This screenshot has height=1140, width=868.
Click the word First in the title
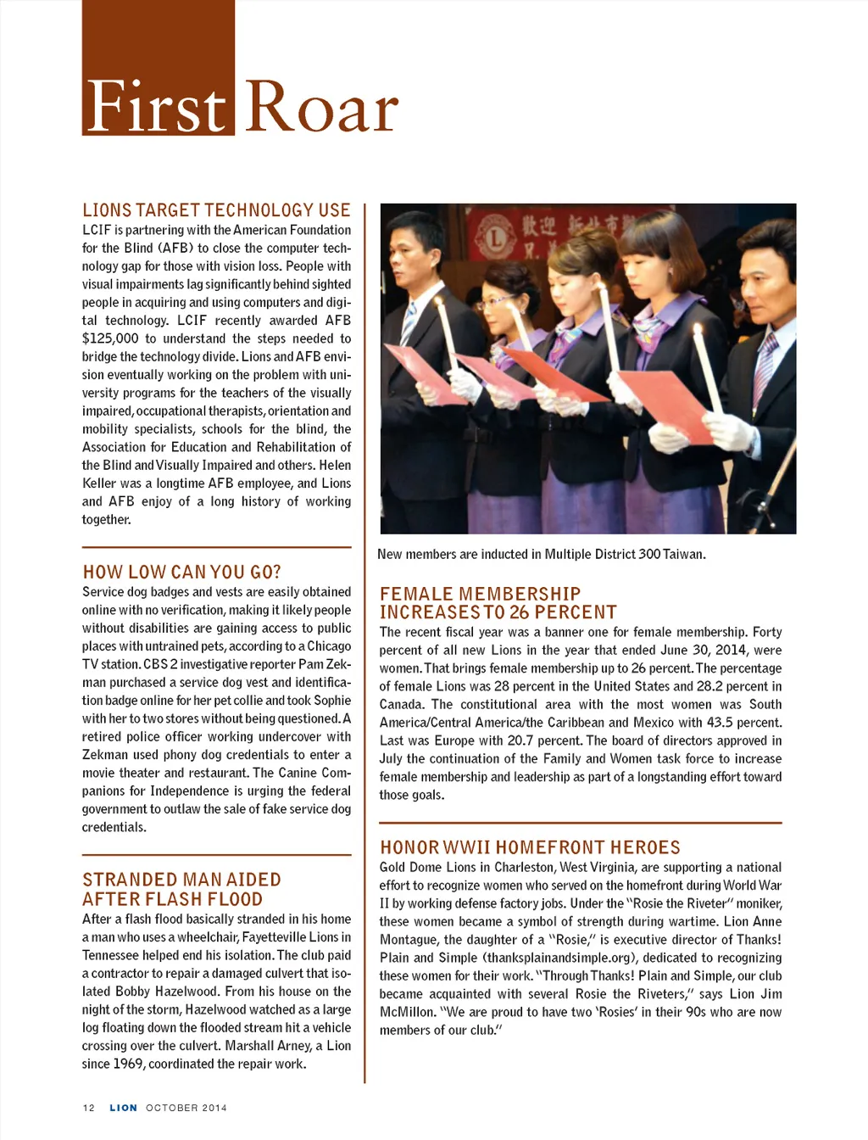tap(156, 108)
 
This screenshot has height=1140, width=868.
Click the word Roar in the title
tap(322, 108)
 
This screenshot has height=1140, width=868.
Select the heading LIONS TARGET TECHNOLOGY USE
tap(216, 210)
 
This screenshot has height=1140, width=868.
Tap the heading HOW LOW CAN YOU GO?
tap(181, 573)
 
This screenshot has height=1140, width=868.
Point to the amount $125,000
tap(110, 338)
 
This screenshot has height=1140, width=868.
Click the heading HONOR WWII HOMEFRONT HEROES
tap(530, 847)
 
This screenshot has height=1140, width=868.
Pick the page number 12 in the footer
tap(89, 1108)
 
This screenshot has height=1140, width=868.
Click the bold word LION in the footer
tap(123, 1108)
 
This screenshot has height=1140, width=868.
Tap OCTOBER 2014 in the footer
tap(186, 1108)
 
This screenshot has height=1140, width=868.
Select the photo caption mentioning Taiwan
tap(541, 555)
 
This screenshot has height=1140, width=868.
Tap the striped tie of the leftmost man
tap(409, 323)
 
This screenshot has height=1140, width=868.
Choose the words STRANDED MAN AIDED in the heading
tap(181, 880)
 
